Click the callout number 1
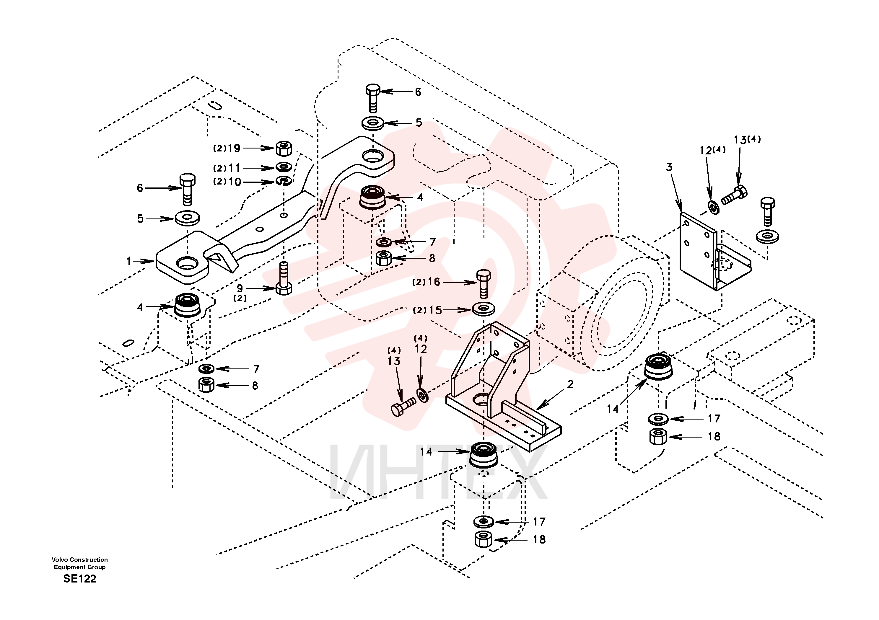pos(129,261)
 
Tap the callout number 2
pos(570,384)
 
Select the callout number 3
pos(669,167)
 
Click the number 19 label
pos(234,148)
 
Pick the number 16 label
pos(434,282)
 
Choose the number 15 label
pos(435,310)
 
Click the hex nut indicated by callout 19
pos(284,149)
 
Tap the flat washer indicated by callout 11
pos(284,167)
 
